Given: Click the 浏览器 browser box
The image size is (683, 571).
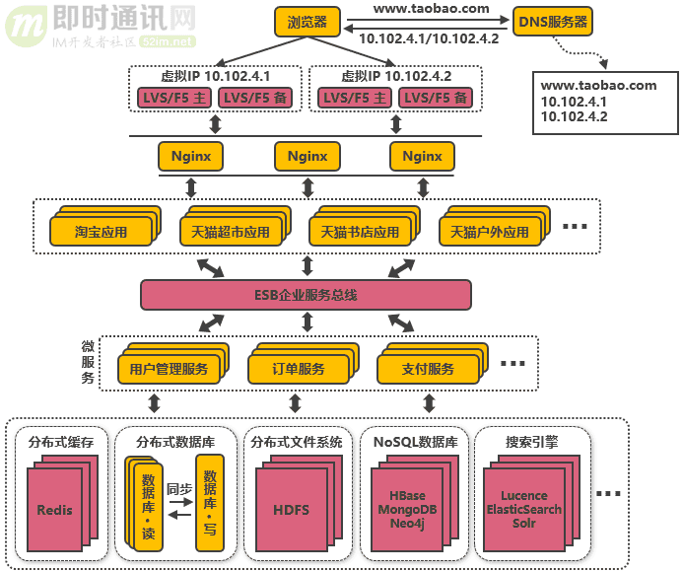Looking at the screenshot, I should [x=307, y=21].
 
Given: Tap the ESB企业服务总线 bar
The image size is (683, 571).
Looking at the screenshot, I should [x=306, y=295].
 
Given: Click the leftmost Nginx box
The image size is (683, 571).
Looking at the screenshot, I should [x=190, y=156].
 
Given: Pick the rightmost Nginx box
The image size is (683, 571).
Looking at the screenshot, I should [x=422, y=156].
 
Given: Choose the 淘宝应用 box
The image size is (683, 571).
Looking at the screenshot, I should [x=102, y=233].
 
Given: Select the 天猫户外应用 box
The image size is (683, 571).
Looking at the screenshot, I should [x=490, y=233].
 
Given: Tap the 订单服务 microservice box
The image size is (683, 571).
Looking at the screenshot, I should [x=299, y=369].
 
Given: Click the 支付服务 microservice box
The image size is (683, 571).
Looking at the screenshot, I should [x=429, y=369].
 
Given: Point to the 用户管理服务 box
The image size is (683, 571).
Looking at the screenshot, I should [x=169, y=369].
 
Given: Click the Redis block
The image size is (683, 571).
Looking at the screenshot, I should [x=55, y=510].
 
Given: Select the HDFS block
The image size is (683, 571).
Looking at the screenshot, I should [x=291, y=510].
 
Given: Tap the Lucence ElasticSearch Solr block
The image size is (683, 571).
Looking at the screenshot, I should [x=524, y=510].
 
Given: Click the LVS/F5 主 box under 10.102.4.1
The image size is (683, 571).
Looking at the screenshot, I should [x=173, y=97].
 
